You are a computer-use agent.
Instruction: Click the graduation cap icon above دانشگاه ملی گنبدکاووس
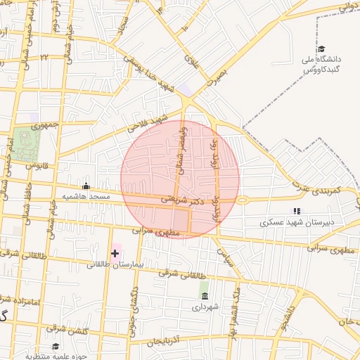coord(321,49)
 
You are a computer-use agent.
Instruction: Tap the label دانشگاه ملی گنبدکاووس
coord(320,65)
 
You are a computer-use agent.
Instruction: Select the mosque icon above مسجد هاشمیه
coord(86,186)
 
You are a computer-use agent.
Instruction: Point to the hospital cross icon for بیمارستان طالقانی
coord(115,253)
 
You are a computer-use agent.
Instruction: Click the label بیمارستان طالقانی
coord(115,265)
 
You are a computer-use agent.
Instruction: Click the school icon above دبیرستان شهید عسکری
coord(297,210)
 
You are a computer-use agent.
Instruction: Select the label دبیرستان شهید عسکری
coord(297,222)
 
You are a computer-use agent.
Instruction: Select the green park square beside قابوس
coord(26,143)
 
